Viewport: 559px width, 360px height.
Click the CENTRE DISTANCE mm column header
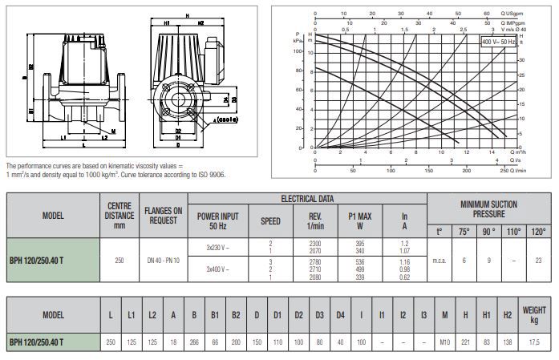[x=119, y=216]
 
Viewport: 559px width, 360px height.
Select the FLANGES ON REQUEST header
[x=164, y=216]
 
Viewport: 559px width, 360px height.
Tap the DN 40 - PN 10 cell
[x=164, y=260]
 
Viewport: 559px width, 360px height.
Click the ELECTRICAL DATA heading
[x=307, y=198]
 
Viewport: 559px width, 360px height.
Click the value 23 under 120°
[x=537, y=260]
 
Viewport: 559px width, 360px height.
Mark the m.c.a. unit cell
[x=439, y=260]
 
